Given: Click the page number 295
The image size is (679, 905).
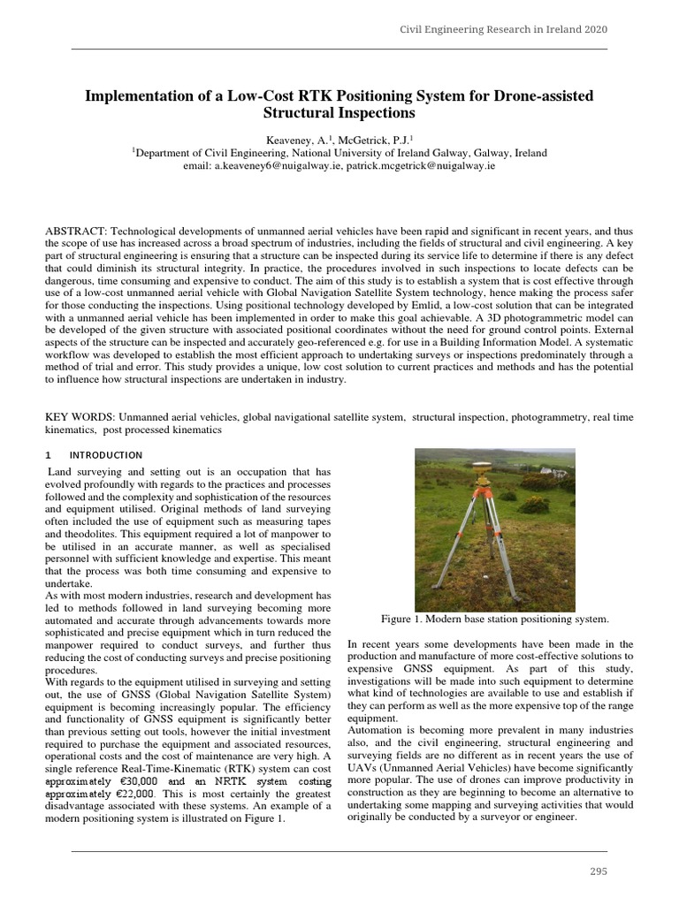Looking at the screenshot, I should coord(599,871).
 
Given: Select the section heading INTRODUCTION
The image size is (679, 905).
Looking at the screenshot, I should coord(106,455).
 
